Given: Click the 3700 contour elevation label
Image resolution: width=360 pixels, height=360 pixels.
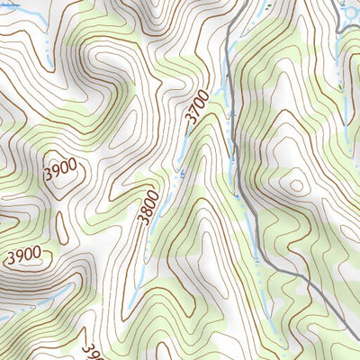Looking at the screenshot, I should tap(197, 107).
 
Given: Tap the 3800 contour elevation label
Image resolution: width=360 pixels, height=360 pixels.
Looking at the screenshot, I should tap(148, 207).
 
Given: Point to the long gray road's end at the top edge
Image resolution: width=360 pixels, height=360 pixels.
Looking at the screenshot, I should tap(245, 2).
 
